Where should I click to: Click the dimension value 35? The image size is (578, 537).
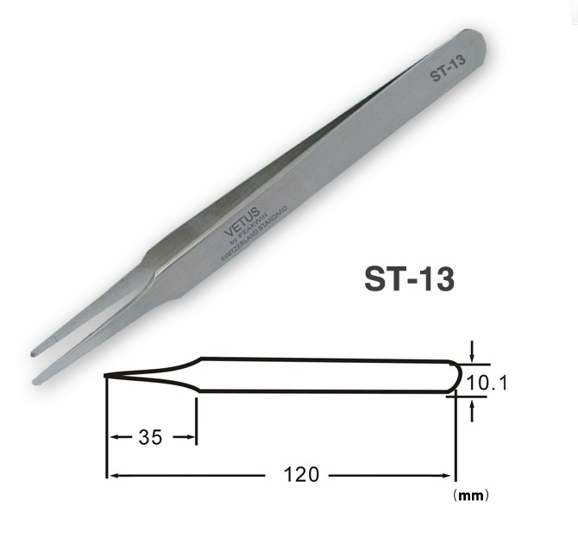pyautogui.click(x=150, y=437)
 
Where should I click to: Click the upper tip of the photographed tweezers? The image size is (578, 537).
pyautogui.click(x=35, y=350)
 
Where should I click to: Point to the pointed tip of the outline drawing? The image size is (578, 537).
pyautogui.click(x=107, y=376)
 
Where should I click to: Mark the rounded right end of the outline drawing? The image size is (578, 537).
pyautogui.click(x=454, y=377)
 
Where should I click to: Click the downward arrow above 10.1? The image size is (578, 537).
pyautogui.click(x=472, y=354)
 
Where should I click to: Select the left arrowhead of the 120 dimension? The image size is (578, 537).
pyautogui.click(x=110, y=474)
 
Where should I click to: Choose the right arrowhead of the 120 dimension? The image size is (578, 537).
pyautogui.click(x=450, y=474)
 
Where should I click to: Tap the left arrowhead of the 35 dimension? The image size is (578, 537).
pyautogui.click(x=111, y=437)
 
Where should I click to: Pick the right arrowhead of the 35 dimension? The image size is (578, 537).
pyautogui.click(x=192, y=437)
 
